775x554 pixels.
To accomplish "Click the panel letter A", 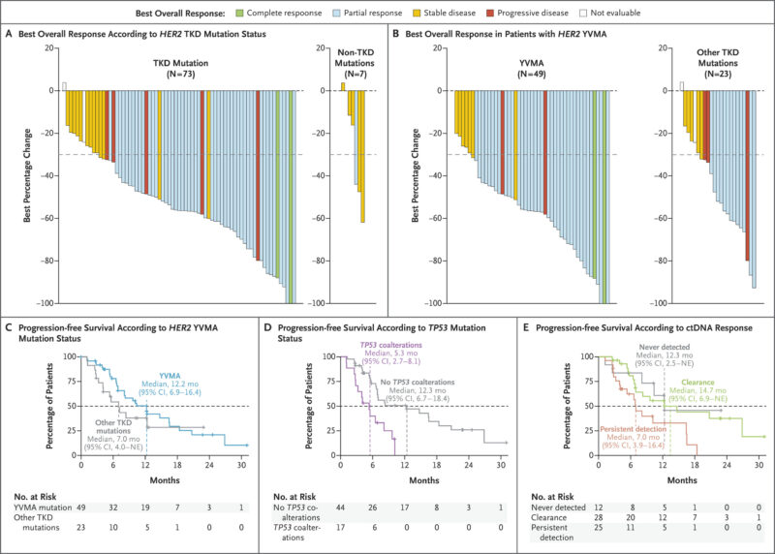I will (x=9, y=36).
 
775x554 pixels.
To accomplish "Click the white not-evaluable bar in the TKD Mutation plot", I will (x=64, y=86).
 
